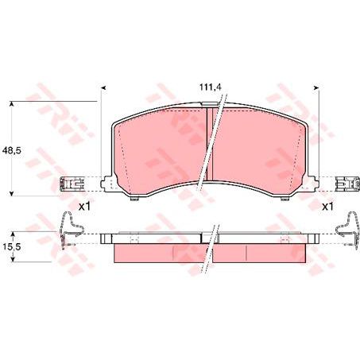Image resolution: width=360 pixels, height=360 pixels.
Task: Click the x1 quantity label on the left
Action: pos(84,207)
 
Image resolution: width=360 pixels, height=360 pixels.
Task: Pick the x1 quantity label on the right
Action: pos(327,207)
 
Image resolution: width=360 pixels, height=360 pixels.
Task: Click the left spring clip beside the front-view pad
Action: pos(72,184)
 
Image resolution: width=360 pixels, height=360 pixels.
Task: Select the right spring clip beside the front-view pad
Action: pos(346,184)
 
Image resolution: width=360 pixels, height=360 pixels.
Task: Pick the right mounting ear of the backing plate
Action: pos(312,184)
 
